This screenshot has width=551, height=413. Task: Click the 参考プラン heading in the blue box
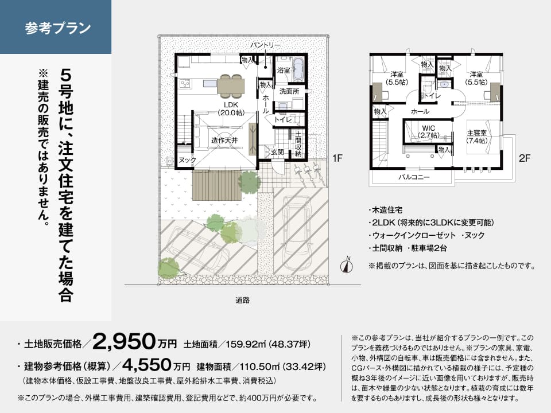point(57,28)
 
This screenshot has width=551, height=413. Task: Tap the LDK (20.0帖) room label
point(231,108)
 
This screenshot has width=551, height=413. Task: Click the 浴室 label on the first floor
point(284,70)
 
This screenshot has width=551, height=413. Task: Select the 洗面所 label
point(289,91)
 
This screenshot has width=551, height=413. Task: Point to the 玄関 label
point(277,152)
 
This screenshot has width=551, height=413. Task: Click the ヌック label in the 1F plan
point(187,160)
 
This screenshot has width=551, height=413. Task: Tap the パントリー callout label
point(265,45)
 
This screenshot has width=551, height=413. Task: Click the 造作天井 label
point(224,140)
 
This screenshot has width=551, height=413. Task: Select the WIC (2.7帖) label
point(429,132)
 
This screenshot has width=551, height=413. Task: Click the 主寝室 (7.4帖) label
point(477,137)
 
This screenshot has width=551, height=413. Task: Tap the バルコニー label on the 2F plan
point(414,177)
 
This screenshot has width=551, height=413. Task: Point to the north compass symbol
point(347,266)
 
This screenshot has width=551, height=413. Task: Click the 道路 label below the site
point(242,300)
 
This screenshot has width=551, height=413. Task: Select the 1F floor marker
point(337,158)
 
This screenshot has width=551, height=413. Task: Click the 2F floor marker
point(524,158)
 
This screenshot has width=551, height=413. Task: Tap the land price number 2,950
point(124,341)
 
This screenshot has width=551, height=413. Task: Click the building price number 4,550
point(146,365)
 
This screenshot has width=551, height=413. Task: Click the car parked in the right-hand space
point(297,233)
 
